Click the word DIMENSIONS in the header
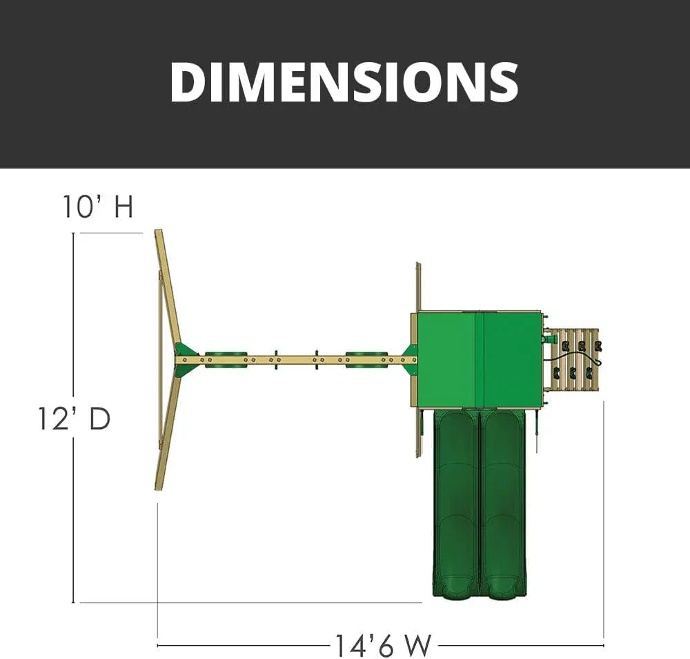pos(344,82)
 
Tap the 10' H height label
pos(98,206)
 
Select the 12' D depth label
pos(74,419)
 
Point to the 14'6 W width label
pos(383,646)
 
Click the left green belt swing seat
pos(226,359)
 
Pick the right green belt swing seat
pos(366,359)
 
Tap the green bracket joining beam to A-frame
pos(185,359)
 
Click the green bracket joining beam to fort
pos(410,360)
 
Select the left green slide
pos(455,504)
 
